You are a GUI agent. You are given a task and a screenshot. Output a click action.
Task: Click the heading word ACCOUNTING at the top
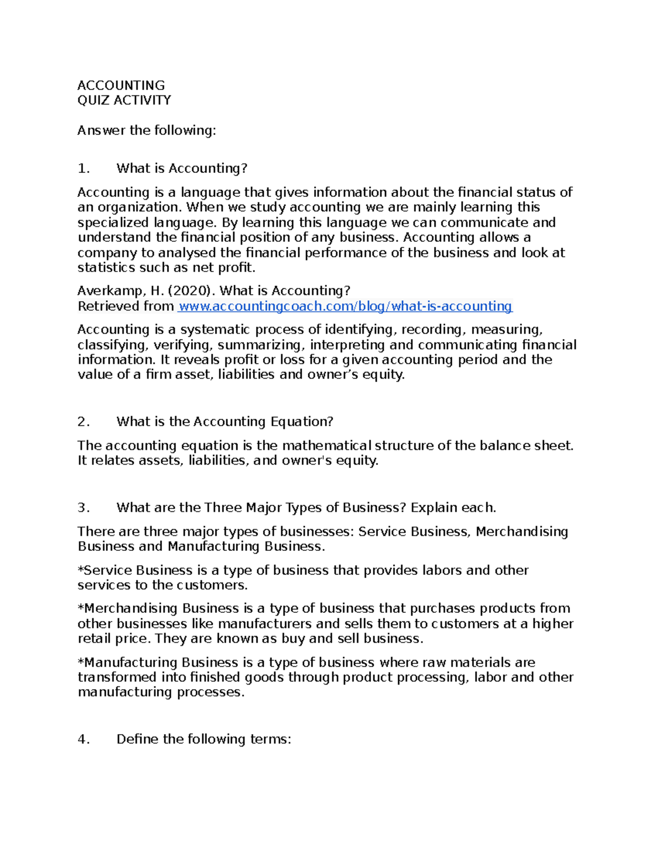(x=121, y=85)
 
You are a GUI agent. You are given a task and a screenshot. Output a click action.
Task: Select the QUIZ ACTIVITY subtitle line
(x=124, y=100)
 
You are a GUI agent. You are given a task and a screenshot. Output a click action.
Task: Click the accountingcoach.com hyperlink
(x=345, y=306)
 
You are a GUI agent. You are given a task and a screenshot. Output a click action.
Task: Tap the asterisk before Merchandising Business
(x=80, y=607)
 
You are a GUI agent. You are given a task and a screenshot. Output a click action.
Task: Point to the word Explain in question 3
(x=434, y=507)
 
